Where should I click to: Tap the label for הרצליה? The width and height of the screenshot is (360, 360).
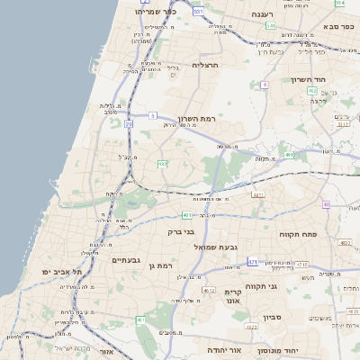[206, 65]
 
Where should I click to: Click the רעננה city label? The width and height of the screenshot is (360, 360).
[261, 15]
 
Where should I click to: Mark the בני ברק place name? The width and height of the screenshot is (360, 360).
[182, 231]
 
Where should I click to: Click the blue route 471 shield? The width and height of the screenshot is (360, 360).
[253, 262]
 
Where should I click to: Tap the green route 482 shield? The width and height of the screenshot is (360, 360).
[162, 164]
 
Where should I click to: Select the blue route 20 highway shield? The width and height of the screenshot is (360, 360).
[129, 123]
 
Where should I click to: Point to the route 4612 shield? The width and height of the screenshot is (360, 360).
[210, 290]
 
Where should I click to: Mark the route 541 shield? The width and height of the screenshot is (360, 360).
[271, 26]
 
